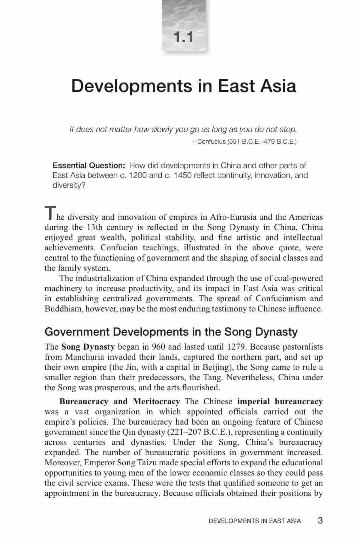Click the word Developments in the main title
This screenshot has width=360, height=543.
[131, 86]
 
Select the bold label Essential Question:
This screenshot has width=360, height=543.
[89, 166]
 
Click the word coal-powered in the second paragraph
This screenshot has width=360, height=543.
[297, 278]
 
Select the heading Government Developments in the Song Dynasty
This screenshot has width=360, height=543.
[171, 332]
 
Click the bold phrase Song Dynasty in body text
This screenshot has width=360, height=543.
[88, 347]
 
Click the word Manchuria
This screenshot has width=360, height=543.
[85, 357]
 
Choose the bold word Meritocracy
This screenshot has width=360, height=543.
[156, 401]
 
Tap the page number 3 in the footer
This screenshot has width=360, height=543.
[320, 520]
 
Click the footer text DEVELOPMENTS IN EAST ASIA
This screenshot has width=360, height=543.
[254, 521]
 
